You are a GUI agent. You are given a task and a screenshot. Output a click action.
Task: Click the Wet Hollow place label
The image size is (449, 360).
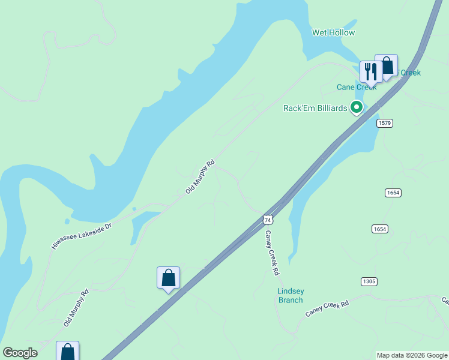[x=333, y=32]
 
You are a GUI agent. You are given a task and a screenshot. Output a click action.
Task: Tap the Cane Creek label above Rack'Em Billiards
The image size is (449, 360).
[x=356, y=87]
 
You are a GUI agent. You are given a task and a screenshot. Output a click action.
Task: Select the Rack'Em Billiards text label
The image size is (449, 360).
[x=315, y=108]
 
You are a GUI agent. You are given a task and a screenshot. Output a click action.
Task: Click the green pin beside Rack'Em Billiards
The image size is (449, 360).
[x=357, y=107]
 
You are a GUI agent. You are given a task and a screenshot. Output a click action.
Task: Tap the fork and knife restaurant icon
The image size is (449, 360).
[x=370, y=71]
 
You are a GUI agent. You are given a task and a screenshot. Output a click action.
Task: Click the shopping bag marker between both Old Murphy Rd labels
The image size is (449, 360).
[x=168, y=278]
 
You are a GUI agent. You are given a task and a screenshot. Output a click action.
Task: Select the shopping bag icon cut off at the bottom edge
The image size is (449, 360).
[x=68, y=352]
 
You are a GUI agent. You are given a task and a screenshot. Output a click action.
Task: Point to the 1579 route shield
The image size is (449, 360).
[x=385, y=123]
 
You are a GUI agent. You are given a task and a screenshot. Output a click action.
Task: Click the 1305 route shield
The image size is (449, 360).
[x=369, y=281]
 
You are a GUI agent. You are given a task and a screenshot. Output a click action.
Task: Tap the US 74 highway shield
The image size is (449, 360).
[x=268, y=220]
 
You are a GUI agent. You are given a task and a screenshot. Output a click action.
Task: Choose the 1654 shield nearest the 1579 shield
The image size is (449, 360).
[x=393, y=193]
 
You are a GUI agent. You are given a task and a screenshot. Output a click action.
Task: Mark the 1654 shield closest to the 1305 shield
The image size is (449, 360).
[x=379, y=229]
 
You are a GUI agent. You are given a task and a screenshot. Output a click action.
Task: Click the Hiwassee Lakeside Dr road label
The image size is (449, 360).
[x=82, y=233]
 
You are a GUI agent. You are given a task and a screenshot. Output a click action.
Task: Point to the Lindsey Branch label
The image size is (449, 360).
[x=290, y=296]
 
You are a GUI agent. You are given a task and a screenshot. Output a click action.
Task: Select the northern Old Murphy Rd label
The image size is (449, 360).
[x=200, y=176]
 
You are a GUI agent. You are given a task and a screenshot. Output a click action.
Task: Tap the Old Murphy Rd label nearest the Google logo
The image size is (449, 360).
[x=76, y=308]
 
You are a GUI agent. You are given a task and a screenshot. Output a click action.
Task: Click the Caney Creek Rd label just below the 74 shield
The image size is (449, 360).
[x=273, y=253]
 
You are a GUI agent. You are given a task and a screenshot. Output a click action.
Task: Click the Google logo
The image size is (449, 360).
[x=20, y=352]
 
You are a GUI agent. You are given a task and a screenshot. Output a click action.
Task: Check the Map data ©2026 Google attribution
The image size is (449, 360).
[x=412, y=355]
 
